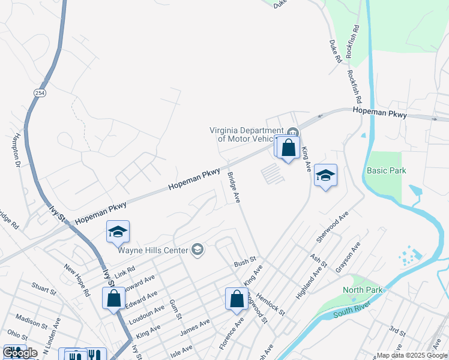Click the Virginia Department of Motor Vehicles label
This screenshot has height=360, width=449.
246,134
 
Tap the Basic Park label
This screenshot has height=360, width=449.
386,170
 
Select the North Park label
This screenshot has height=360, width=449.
363,290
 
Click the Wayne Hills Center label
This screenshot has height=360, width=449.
154,250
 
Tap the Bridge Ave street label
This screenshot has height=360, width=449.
234,187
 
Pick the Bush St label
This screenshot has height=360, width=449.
245,263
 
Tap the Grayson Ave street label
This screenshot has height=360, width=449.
348,257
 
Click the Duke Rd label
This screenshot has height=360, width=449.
335,52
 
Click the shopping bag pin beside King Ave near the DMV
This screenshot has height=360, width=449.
289,148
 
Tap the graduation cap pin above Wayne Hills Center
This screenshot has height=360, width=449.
118,232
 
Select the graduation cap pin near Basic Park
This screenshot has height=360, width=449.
325,175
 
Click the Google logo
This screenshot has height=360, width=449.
20,353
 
